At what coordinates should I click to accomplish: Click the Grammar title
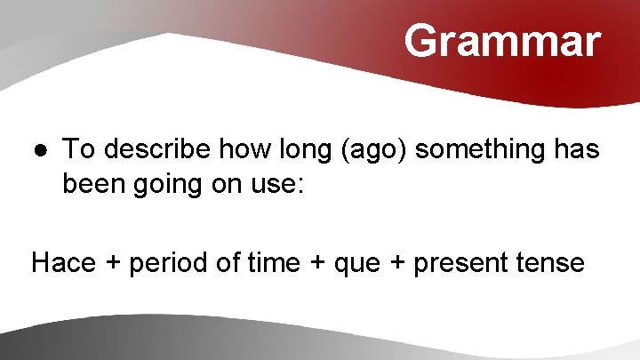coord(502,41)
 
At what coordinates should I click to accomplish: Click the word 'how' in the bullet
coord(234,149)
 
